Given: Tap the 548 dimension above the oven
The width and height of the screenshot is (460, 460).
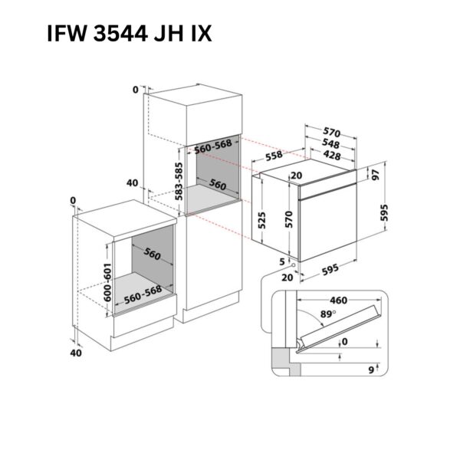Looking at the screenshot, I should point(330,143).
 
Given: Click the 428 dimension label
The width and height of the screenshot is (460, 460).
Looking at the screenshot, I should point(330,155).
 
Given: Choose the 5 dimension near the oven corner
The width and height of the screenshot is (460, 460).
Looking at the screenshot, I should point(282,261).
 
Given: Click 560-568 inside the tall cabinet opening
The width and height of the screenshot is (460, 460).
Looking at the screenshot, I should point(212,146).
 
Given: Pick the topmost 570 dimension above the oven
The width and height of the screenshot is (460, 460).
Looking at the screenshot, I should point(330,132).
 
